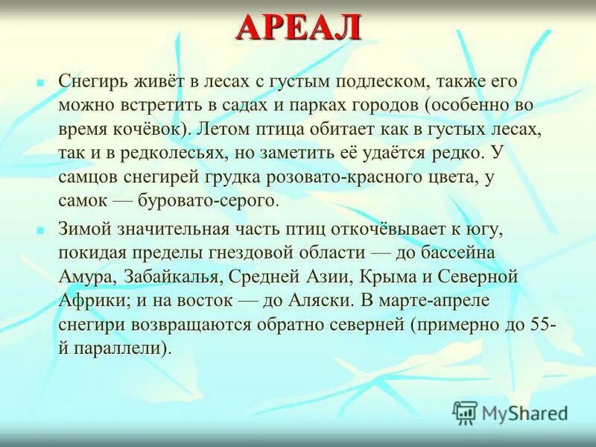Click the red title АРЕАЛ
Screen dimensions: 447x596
(299, 28)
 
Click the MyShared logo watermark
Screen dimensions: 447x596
(511, 412)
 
